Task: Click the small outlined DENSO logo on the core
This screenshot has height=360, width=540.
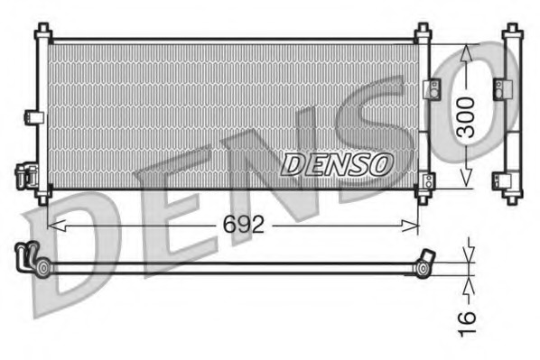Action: [x=338, y=163]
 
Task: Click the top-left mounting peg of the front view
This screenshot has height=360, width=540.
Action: [x=42, y=33]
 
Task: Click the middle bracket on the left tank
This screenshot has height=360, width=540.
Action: [x=33, y=117]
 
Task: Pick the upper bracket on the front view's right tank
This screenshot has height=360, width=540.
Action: [x=431, y=88]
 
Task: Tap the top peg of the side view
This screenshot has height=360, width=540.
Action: [x=512, y=33]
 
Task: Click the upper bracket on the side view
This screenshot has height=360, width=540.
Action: [x=498, y=88]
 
